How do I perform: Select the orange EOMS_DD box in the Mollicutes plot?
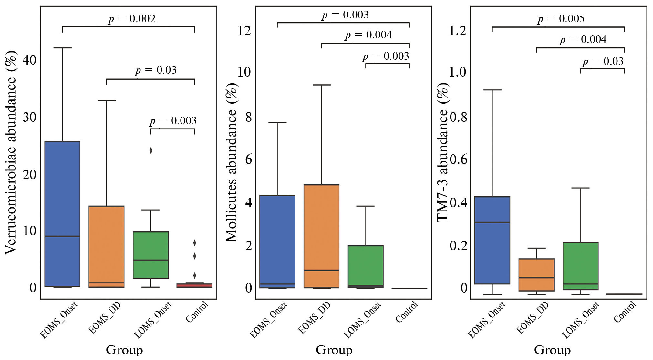click(x=321, y=236)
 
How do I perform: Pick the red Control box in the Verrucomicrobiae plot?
click(x=194, y=285)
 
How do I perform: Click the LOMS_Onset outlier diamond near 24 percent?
click(x=151, y=150)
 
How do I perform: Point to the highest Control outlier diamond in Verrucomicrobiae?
click(x=194, y=243)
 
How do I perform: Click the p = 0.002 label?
click(x=132, y=19)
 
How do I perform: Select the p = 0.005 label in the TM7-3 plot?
click(x=561, y=19)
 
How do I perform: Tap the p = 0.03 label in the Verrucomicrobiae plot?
click(x=156, y=70)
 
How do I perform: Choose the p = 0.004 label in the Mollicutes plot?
click(x=368, y=35)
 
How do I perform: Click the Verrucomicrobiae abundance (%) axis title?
click(x=11, y=152)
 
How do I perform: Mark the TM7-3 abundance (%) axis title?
click(x=443, y=152)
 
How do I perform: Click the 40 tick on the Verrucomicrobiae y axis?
click(x=29, y=60)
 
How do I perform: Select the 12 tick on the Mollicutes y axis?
click(x=244, y=31)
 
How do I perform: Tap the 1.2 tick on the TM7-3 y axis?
click(x=458, y=31)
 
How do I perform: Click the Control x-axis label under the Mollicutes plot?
click(x=407, y=312)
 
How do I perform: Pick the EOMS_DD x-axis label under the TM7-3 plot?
click(x=533, y=318)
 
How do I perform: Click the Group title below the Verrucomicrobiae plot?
click(x=124, y=350)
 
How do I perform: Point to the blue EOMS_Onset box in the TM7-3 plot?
click(x=492, y=240)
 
